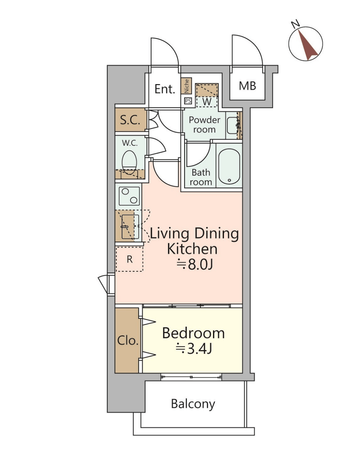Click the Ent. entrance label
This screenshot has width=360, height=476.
tap(165, 89)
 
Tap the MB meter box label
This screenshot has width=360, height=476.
tap(247, 86)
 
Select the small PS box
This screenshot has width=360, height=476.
tap(188, 101)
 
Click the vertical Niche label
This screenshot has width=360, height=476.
tap(187, 86)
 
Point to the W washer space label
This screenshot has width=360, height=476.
tap(207, 101)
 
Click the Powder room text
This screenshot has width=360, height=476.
tap(204, 125)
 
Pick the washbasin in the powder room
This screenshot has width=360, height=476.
tap(232, 126)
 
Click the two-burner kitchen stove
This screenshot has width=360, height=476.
tap(129, 196)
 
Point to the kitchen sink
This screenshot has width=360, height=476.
tap(130, 227)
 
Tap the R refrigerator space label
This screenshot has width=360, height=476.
tap(129, 259)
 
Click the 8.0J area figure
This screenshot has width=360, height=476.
tap(195, 264)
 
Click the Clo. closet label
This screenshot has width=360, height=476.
tap(128, 340)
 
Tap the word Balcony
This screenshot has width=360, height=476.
tap(193, 404)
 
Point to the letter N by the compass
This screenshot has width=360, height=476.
tap(295, 24)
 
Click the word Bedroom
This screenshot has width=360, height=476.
tap(193, 333)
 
